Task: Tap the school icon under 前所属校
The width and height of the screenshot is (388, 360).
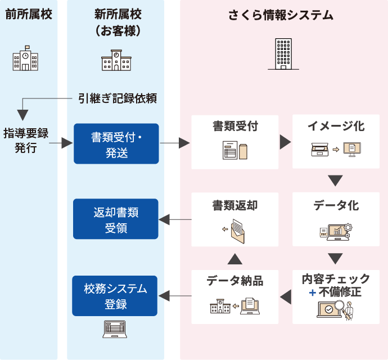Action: click(26, 59)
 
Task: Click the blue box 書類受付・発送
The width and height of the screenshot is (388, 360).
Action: click(116, 143)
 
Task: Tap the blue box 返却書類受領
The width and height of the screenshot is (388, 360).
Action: click(116, 219)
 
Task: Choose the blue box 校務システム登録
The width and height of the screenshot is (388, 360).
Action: click(116, 296)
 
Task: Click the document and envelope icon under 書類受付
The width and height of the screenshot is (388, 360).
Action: click(235, 151)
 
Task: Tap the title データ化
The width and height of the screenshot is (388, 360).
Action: click(336, 205)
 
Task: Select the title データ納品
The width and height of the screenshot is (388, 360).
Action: click(235, 280)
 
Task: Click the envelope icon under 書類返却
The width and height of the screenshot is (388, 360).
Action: click(236, 229)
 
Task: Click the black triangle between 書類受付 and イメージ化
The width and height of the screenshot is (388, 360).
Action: click(285, 142)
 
